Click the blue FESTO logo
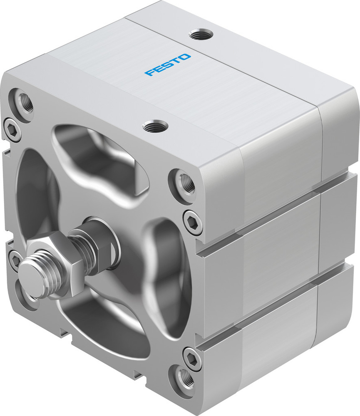[x=168, y=64]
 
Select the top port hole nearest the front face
[x=154, y=125]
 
